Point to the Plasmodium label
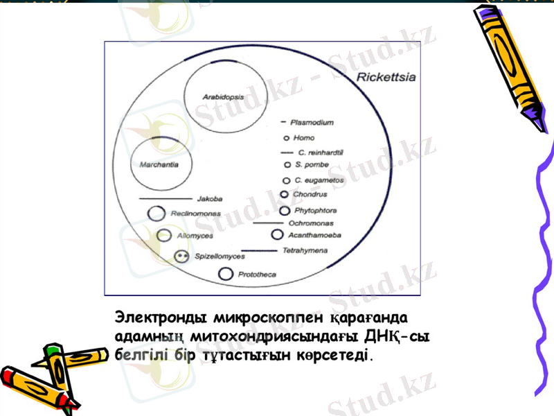(315, 123)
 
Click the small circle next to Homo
(287, 138)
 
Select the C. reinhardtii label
(321, 152)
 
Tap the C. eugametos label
(319, 180)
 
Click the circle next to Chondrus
(285, 195)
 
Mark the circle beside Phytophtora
(285, 210)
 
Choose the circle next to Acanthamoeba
(277, 236)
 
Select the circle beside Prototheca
(225, 275)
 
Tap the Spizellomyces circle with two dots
(181, 257)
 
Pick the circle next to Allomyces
(164, 236)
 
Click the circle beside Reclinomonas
(157, 214)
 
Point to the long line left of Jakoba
(166, 199)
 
